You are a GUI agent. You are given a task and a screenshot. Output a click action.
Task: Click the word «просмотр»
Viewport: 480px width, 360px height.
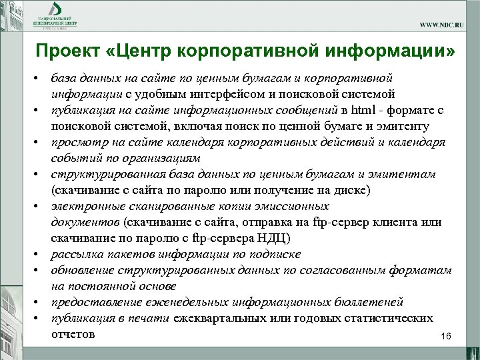79,142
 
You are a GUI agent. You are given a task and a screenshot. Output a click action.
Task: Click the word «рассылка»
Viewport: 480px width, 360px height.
77,254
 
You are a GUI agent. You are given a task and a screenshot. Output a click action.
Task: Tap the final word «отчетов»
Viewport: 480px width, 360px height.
72,333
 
